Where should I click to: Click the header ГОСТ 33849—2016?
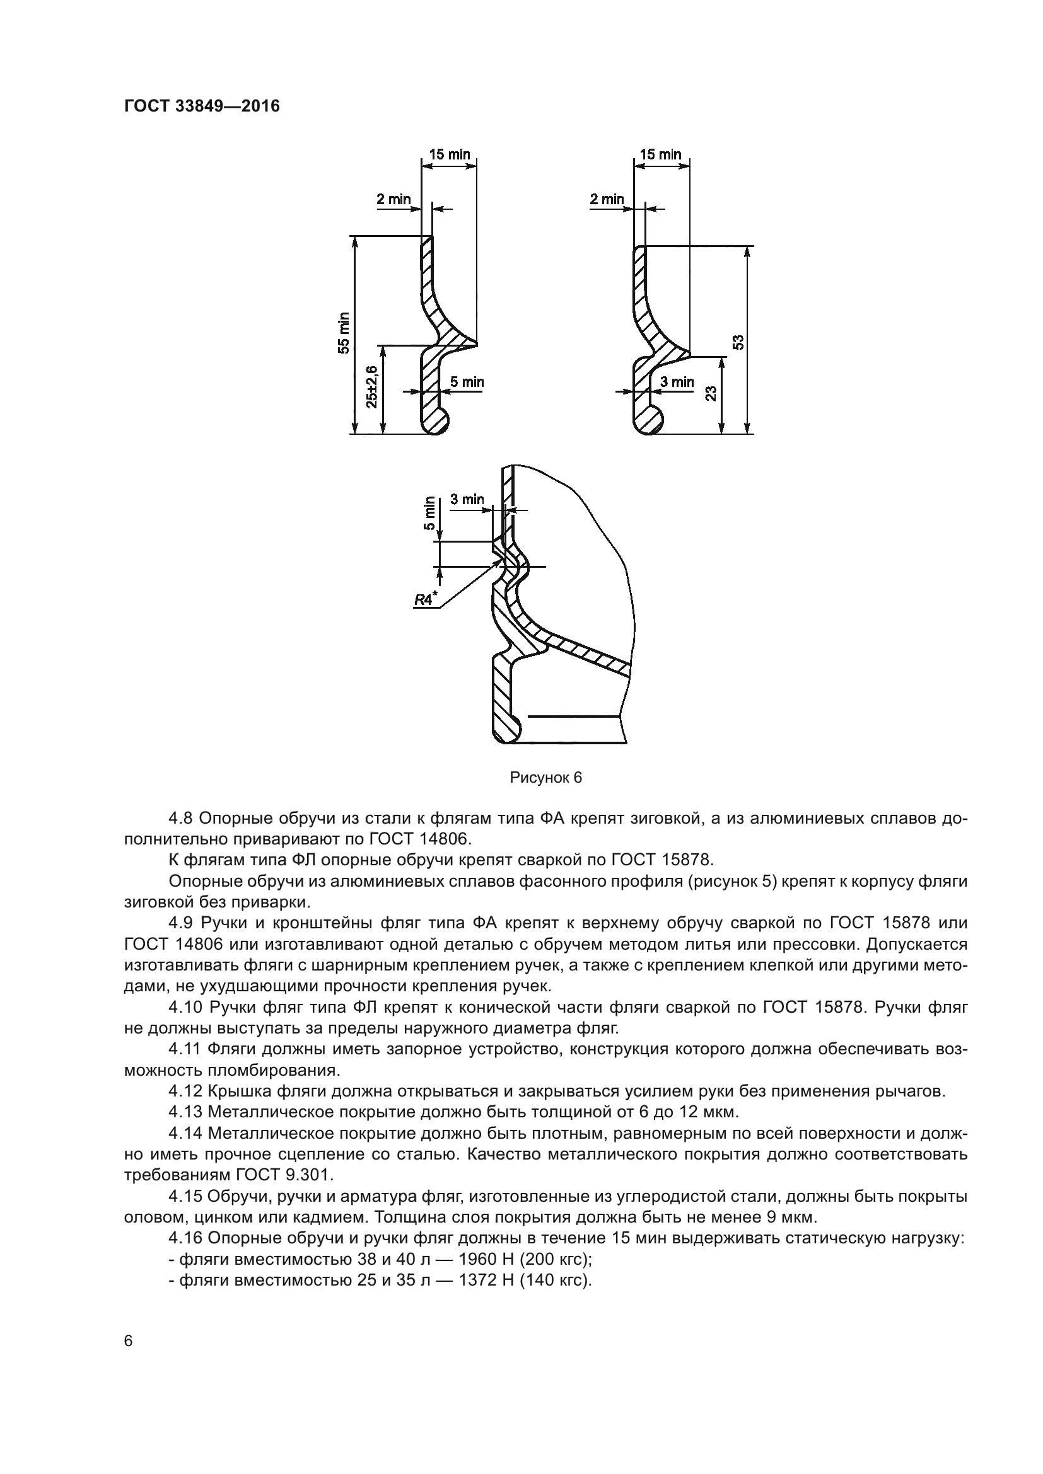pyautogui.click(x=202, y=106)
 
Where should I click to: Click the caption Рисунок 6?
pyautogui.click(x=545, y=778)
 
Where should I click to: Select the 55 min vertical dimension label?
pyautogui.click(x=345, y=333)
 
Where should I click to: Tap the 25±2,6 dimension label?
pyautogui.click(x=372, y=386)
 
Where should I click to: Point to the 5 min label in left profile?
pyautogui.click(x=466, y=383)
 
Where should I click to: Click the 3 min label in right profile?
pyautogui.click(x=677, y=382)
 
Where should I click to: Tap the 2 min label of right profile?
pyautogui.click(x=607, y=199)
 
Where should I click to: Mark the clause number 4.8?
pyautogui.click(x=180, y=818)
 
